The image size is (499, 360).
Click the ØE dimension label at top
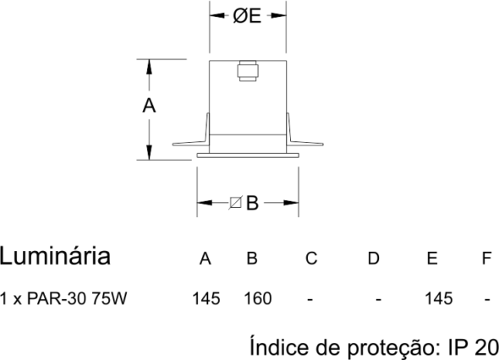(247, 16)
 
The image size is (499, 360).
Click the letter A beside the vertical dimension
(149, 106)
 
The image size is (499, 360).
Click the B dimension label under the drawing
(252, 203)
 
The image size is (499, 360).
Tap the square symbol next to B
(235, 203)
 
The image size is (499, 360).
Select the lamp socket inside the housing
(248, 71)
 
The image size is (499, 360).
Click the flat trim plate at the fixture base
(248, 155)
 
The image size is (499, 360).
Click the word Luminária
(55, 256)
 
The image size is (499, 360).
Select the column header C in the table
(311, 259)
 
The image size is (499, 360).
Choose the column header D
(373, 259)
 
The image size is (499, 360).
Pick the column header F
(486, 259)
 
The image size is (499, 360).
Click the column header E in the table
(432, 259)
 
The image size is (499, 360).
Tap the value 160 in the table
(258, 298)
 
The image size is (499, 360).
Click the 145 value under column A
(206, 298)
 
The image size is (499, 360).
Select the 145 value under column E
(439, 298)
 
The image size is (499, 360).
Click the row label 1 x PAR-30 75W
(63, 298)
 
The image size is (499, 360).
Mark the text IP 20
(474, 347)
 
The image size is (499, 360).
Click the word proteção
(394, 348)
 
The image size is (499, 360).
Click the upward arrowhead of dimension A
(149, 67)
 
